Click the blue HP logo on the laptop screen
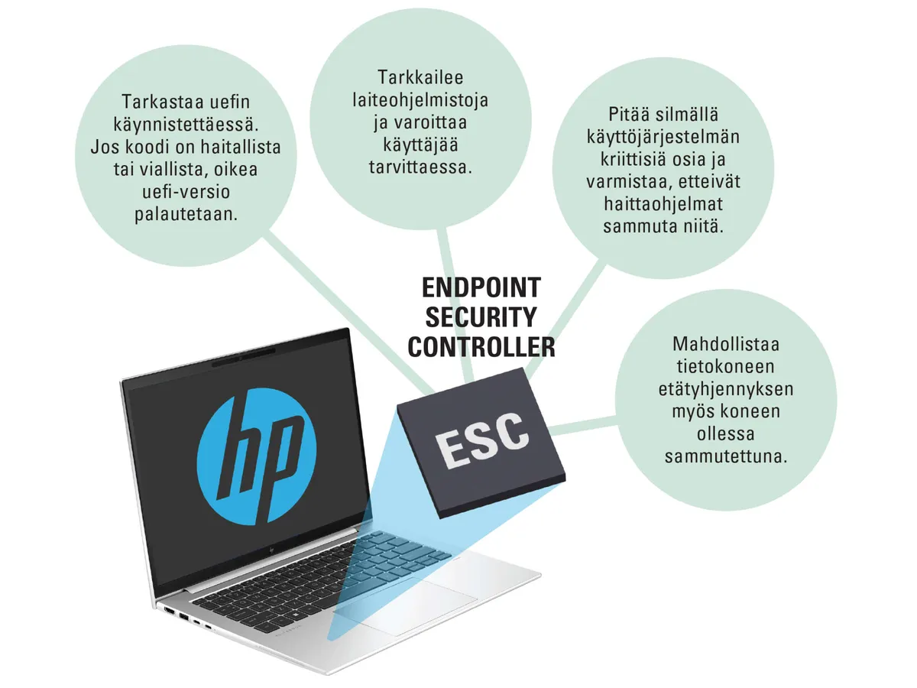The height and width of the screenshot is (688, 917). [257, 456]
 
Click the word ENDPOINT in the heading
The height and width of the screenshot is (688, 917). [481, 287]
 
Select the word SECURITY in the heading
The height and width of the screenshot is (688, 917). [481, 317]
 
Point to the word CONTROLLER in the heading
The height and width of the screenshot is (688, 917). [481, 347]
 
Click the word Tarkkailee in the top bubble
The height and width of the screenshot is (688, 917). [420, 77]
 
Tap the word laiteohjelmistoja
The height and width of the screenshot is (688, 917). [420, 100]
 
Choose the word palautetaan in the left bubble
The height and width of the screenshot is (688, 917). [186, 214]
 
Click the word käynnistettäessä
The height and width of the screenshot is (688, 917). [186, 124]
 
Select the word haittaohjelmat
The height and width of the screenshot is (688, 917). [663, 204]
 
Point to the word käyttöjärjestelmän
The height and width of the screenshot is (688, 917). [663, 137]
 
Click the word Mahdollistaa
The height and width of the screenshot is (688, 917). [726, 344]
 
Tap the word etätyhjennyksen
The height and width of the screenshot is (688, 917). [726, 389]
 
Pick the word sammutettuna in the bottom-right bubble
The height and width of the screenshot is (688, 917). [726, 456]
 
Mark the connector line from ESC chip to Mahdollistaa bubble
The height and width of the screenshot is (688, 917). [584, 425]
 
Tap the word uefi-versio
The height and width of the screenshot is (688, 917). [186, 192]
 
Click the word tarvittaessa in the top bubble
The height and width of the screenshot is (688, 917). [420, 167]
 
